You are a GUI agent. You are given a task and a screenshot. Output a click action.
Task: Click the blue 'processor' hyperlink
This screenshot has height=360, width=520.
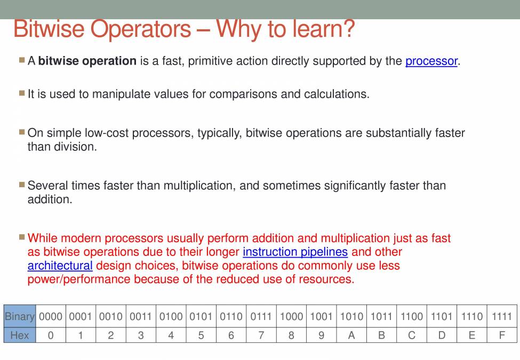(431, 61)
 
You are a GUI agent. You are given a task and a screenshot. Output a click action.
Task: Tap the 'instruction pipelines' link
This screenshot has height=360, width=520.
(295, 252)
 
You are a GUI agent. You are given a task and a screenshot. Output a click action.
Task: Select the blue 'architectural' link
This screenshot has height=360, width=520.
(60, 266)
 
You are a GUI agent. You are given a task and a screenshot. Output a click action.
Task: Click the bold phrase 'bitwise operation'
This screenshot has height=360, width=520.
(87, 61)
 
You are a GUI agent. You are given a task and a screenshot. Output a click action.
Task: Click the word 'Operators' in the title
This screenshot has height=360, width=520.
(141, 29)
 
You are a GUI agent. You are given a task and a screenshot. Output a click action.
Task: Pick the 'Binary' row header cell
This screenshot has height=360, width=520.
(20, 316)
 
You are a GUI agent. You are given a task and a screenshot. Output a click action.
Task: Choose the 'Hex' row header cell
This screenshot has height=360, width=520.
(20, 335)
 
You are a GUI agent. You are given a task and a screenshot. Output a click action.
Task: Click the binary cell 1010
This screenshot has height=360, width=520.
(351, 316)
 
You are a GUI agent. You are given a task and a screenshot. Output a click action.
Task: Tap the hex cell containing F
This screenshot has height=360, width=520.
(502, 335)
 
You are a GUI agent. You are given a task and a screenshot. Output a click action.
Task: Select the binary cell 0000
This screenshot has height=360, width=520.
(51, 316)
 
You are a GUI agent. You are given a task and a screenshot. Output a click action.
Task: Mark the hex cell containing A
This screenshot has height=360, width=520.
(351, 335)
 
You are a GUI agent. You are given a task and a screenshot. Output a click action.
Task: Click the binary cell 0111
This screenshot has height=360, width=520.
(261, 316)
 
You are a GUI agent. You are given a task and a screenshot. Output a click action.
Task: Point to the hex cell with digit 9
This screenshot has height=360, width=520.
(321, 335)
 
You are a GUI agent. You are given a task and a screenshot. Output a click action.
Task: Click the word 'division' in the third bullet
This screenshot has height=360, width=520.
(75, 147)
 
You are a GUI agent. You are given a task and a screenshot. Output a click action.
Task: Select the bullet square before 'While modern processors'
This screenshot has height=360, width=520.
(22, 237)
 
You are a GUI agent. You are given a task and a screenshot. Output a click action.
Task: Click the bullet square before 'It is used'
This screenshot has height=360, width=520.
(22, 93)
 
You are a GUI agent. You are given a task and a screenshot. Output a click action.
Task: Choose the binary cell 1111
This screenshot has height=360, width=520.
(502, 316)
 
